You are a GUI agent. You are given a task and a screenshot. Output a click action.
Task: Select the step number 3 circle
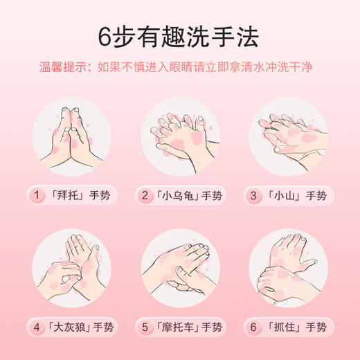254,196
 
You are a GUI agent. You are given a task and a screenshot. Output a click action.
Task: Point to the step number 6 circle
254,326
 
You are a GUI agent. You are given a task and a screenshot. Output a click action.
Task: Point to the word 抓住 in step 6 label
283,326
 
